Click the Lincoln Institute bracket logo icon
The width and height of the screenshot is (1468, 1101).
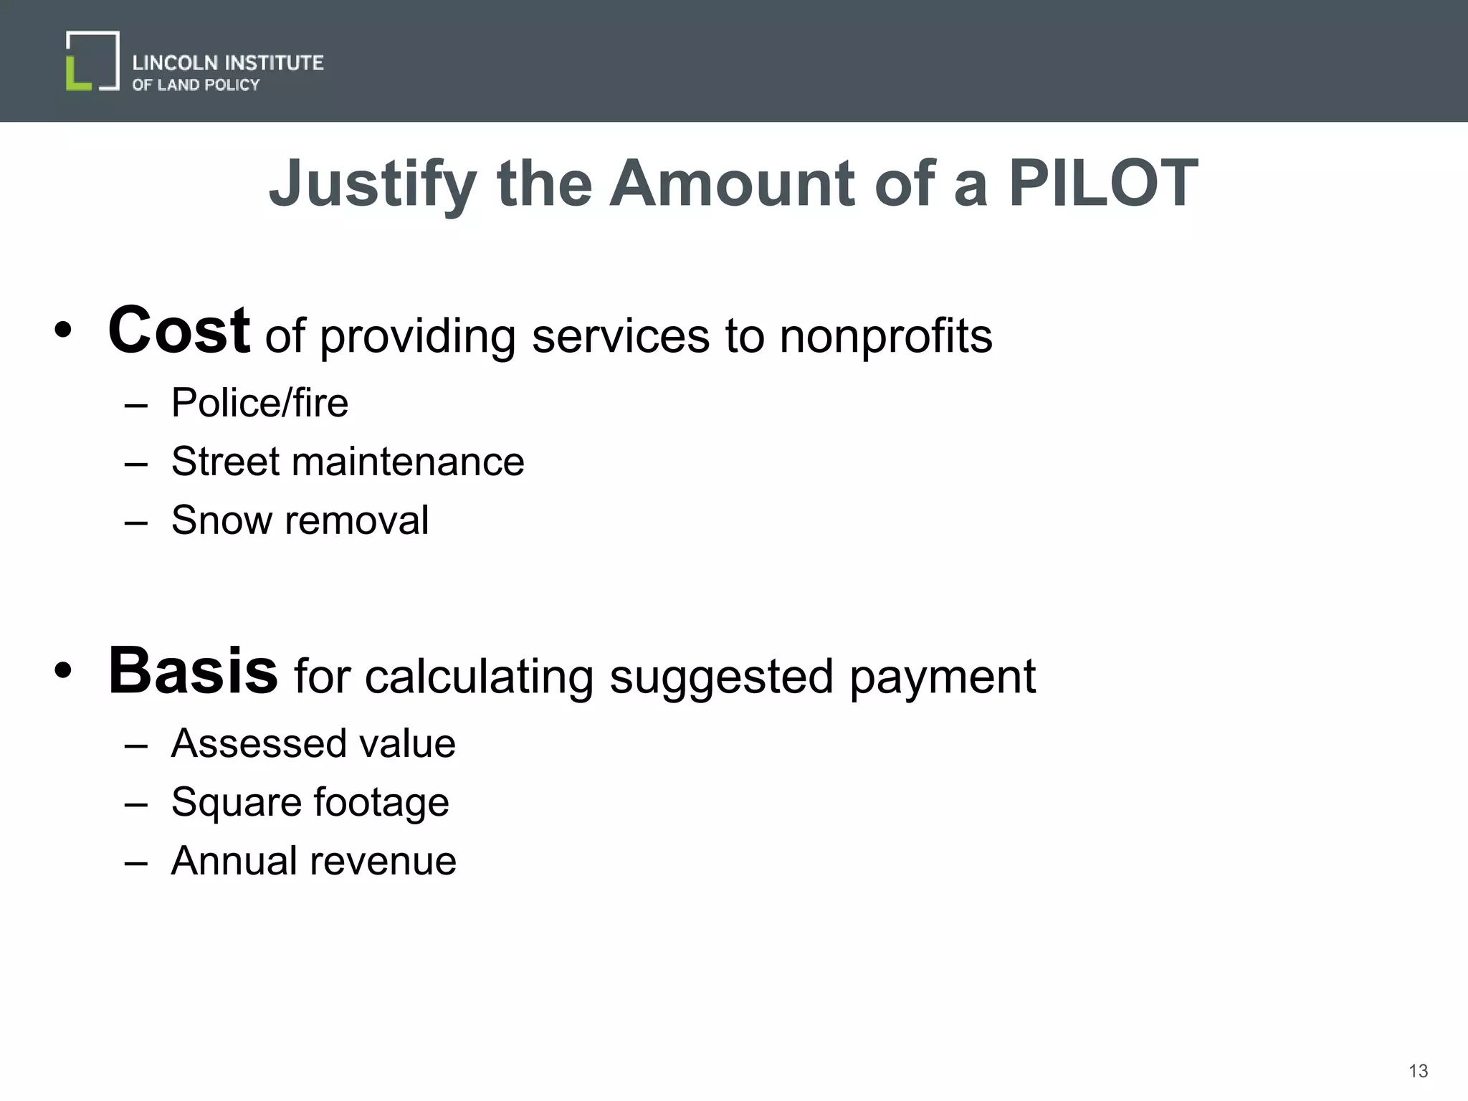pos(92,61)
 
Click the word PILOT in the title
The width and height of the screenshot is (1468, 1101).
pos(1103,183)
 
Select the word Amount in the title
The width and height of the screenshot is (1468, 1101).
pos(732,183)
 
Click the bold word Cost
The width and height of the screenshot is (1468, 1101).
pos(178,330)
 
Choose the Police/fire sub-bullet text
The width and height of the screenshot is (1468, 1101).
pos(259,402)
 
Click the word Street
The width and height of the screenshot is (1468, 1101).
pos(225,461)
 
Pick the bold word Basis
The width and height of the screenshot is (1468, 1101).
pos(192,671)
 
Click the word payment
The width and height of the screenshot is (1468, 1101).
pos(943,677)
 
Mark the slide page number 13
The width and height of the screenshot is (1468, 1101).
pos(1418,1071)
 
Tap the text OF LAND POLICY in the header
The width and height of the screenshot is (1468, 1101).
pos(196,85)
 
